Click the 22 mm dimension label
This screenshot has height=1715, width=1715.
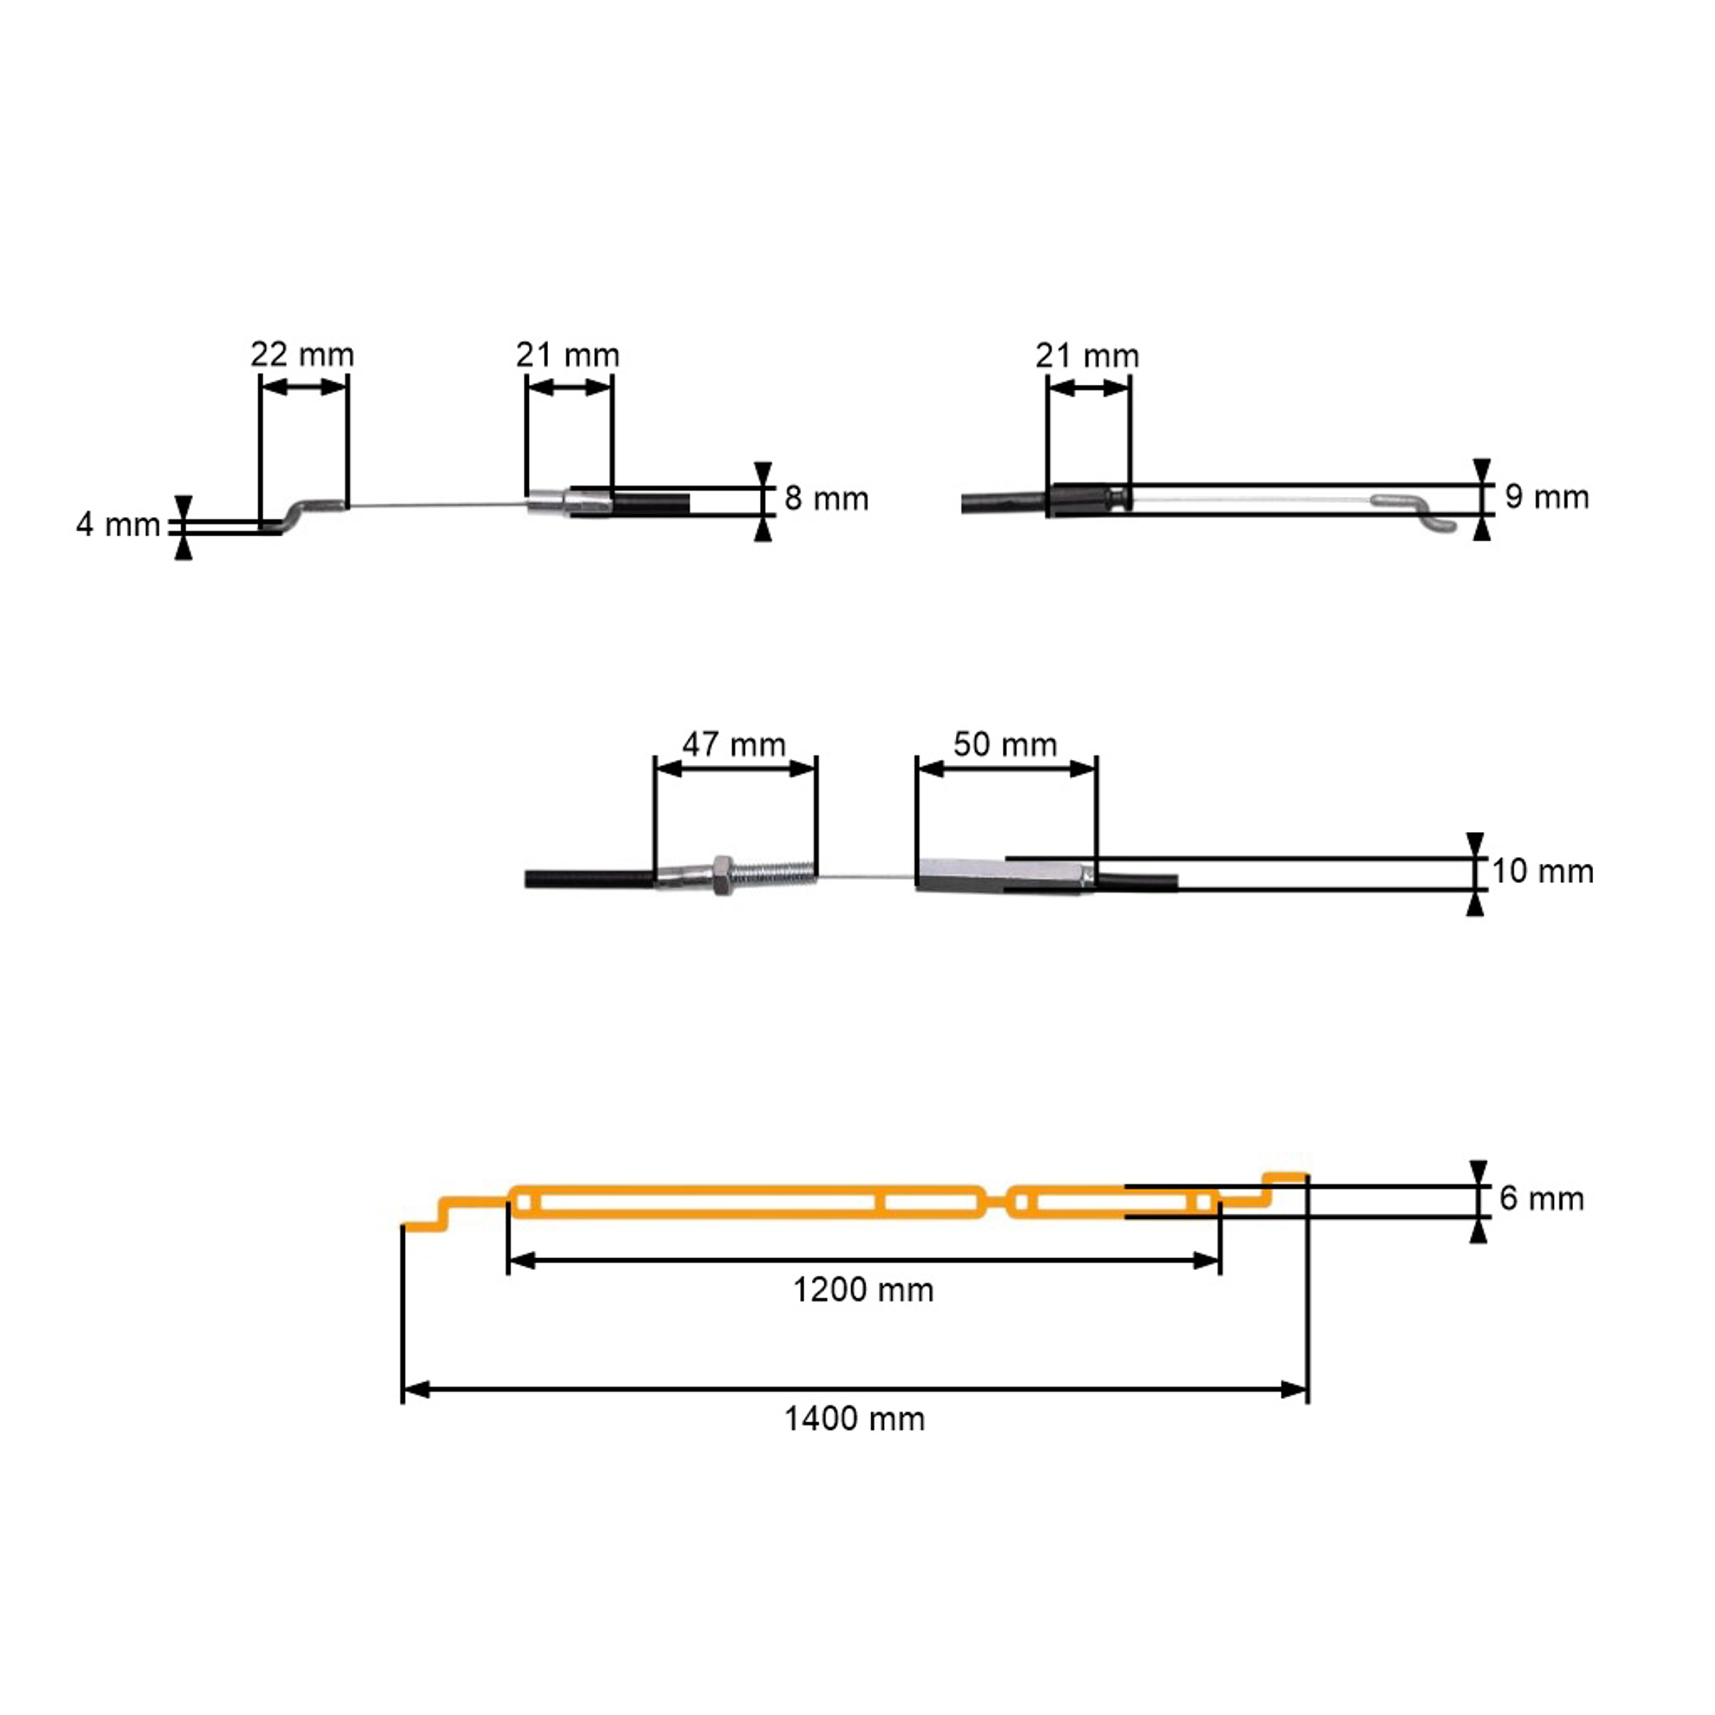pyautogui.click(x=302, y=355)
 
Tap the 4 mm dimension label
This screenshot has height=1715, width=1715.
pyautogui.click(x=118, y=525)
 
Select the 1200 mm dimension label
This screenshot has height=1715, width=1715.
pyautogui.click(x=863, y=1290)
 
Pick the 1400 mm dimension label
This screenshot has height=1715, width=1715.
pyautogui.click(x=854, y=1418)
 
